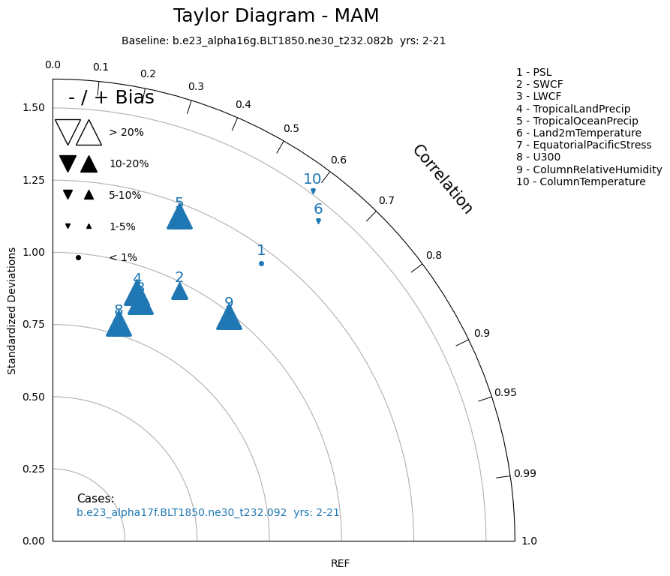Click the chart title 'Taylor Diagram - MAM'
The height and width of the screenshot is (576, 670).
(x=276, y=16)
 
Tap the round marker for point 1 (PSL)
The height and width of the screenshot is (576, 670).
(x=261, y=263)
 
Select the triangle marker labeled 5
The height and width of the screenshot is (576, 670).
(x=179, y=218)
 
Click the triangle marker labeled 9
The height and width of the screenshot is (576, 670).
(x=229, y=319)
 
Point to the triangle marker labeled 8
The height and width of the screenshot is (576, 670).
(x=119, y=325)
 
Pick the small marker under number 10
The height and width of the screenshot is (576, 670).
(x=313, y=191)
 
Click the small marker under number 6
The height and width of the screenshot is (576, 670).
(x=318, y=221)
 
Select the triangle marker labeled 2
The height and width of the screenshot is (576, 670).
(x=179, y=292)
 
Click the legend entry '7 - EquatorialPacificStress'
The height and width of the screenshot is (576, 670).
(x=583, y=145)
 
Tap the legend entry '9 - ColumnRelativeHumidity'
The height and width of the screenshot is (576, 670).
(x=588, y=169)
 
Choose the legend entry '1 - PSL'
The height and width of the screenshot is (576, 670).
(x=533, y=73)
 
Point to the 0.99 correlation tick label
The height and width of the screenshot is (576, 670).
(x=524, y=473)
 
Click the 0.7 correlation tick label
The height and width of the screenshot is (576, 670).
(x=386, y=200)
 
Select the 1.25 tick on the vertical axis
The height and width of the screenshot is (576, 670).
(x=35, y=180)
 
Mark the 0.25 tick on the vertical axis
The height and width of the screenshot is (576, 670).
(x=35, y=469)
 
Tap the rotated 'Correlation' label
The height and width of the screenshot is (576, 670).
(x=443, y=179)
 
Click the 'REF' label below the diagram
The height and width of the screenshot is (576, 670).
(x=340, y=563)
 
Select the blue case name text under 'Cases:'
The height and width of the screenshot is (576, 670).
(x=208, y=513)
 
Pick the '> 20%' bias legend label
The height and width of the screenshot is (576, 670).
(x=126, y=133)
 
